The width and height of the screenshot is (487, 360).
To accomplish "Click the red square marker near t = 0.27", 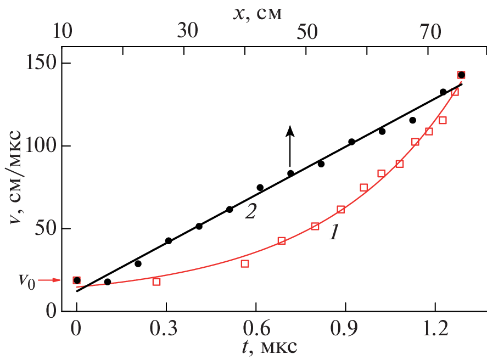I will (156, 282).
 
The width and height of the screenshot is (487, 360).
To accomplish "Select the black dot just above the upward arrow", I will (290, 173).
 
